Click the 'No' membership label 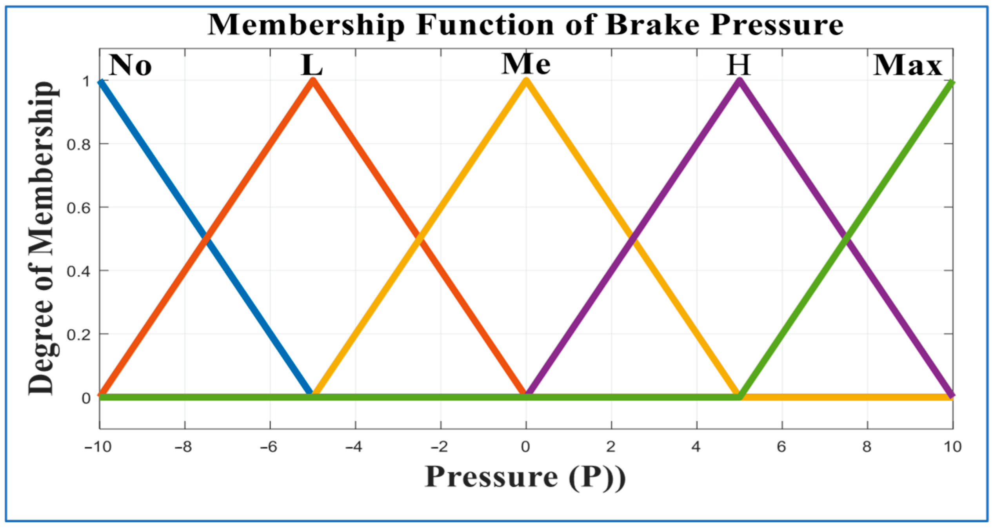pos(130,65)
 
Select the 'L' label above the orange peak pos(312,65)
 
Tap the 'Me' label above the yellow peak pos(526,64)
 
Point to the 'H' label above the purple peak pos(739,65)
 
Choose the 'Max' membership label pos(907,65)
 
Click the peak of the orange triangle pos(313,81)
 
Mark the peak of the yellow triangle pos(526,81)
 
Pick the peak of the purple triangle pos(739,81)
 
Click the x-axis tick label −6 pos(269,447)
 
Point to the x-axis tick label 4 pos(696,447)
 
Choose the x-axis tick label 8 pos(867,447)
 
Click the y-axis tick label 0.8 pos(78,144)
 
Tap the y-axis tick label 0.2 pos(78,334)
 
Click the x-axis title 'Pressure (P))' pos(525,477)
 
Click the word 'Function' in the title pos(485,25)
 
